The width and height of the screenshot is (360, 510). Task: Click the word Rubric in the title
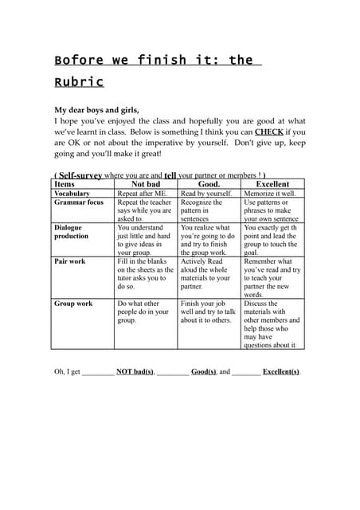[x=79, y=82]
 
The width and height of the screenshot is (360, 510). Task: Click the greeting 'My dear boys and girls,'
[x=96, y=110]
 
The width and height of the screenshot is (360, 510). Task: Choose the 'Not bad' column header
[x=145, y=184]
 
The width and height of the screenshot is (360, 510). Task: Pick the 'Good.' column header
[x=208, y=184]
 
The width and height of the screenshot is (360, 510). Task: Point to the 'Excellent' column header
[x=272, y=184]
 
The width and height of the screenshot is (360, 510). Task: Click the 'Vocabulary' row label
[x=72, y=194]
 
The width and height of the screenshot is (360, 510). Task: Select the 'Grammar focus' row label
[x=78, y=202]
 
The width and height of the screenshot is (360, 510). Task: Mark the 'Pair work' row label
[x=71, y=261]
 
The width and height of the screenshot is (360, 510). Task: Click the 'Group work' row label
[x=73, y=304]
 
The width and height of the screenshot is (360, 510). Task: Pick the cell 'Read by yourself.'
[x=206, y=194]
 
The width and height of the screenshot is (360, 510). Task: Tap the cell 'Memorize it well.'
[x=270, y=194]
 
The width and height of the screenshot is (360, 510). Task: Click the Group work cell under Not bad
[x=143, y=312]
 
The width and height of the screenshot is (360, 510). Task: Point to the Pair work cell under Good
[x=207, y=273]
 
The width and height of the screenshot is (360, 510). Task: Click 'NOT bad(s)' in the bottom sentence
[x=135, y=371]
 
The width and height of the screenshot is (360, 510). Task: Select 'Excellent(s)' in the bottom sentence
[x=281, y=371]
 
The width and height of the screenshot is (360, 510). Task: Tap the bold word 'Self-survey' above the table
[x=80, y=175]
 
